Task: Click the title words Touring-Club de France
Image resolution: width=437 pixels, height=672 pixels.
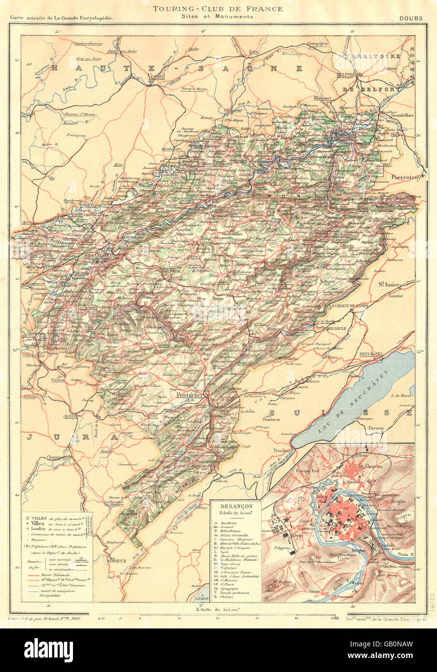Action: tap(218, 9)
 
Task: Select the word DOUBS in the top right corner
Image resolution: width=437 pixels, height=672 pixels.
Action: tap(411, 18)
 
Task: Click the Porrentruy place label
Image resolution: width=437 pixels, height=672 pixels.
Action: tap(408, 176)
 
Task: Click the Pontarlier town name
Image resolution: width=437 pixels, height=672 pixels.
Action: tap(184, 394)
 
